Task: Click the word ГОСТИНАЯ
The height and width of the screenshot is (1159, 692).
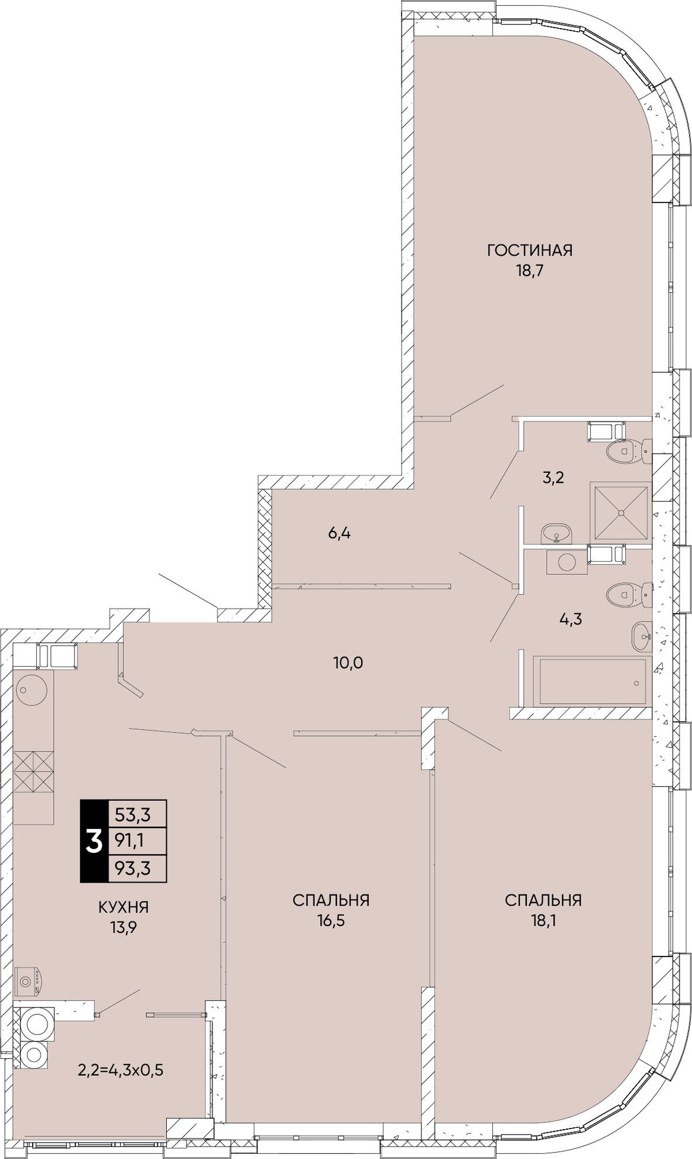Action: click(529, 251)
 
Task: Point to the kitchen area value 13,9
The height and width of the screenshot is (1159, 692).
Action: click(124, 927)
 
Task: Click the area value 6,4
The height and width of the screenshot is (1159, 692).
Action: click(340, 533)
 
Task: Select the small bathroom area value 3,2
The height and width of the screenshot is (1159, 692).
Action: click(552, 478)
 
